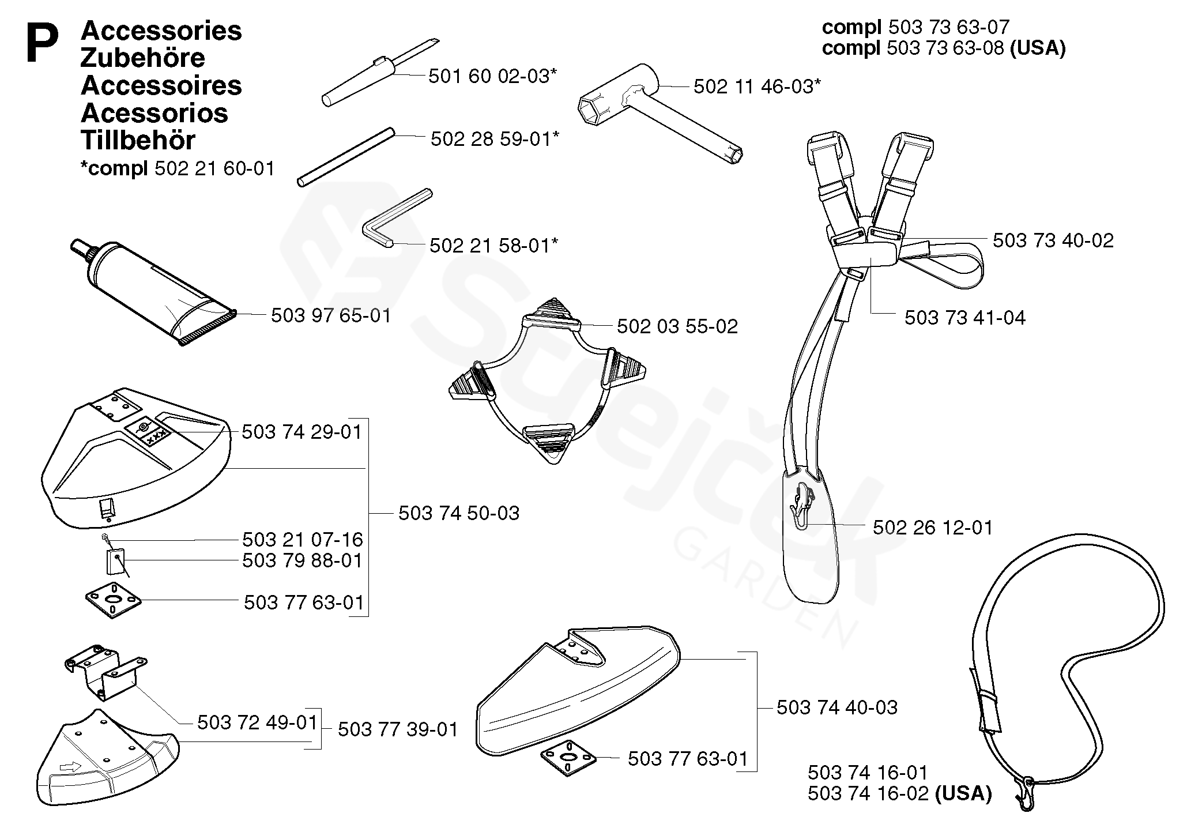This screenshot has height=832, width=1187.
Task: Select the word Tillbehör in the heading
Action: (x=138, y=140)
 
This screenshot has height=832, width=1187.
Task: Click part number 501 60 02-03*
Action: (x=492, y=76)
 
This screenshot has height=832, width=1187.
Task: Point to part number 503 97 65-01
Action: (x=331, y=315)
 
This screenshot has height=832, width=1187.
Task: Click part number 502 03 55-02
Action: (x=677, y=326)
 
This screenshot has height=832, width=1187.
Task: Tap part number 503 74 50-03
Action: (x=459, y=513)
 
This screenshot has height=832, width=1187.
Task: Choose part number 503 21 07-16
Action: (x=303, y=540)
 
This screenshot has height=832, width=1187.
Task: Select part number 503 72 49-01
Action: (x=257, y=722)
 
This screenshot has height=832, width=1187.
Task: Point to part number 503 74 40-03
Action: (x=837, y=707)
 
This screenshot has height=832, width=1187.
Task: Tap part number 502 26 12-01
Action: (x=932, y=527)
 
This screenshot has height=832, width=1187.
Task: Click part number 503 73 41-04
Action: (x=964, y=318)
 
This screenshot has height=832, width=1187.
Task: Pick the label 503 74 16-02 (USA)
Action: (x=899, y=793)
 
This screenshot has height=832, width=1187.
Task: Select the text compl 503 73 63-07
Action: (x=915, y=27)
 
